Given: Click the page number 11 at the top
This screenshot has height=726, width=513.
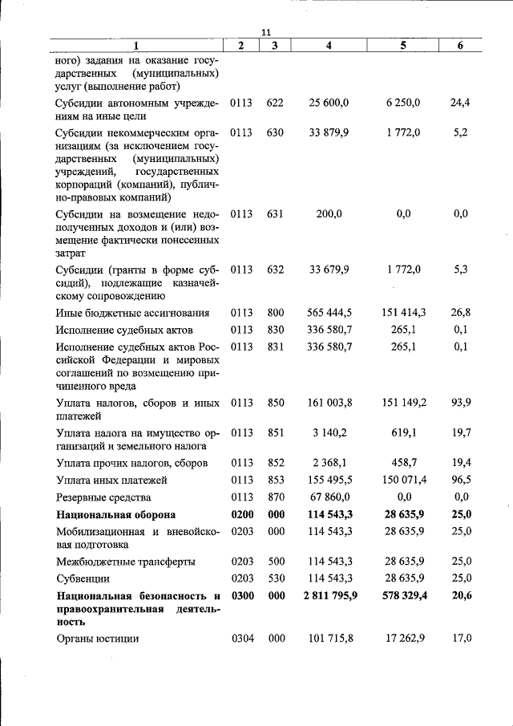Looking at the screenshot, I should click(267, 32).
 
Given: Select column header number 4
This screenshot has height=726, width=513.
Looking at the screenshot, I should click(329, 46).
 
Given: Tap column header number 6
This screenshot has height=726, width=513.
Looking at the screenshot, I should click(460, 46).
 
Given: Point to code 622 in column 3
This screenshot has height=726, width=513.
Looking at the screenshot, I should click(275, 103).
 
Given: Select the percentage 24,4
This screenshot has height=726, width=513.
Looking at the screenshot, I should click(460, 103).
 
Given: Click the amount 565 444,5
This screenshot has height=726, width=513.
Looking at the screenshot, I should click(329, 312).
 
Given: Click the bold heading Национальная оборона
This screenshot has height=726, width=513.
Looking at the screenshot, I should click(115, 514).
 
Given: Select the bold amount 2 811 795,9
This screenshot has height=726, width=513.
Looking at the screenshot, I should click(329, 596).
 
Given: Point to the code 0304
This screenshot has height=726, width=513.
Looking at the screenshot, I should click(241, 639).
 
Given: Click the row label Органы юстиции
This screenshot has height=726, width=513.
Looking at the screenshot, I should click(97, 639).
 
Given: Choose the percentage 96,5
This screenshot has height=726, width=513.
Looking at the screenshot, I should click(460, 480).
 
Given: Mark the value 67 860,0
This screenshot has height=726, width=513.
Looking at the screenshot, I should click(329, 497).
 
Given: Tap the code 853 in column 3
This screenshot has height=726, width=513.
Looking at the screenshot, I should click(275, 480).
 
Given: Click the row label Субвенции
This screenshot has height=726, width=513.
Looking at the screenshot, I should click(83, 578).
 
